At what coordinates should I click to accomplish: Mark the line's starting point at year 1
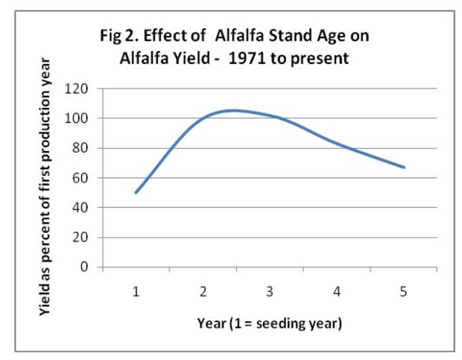(136, 193)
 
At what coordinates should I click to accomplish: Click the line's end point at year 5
(404, 167)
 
